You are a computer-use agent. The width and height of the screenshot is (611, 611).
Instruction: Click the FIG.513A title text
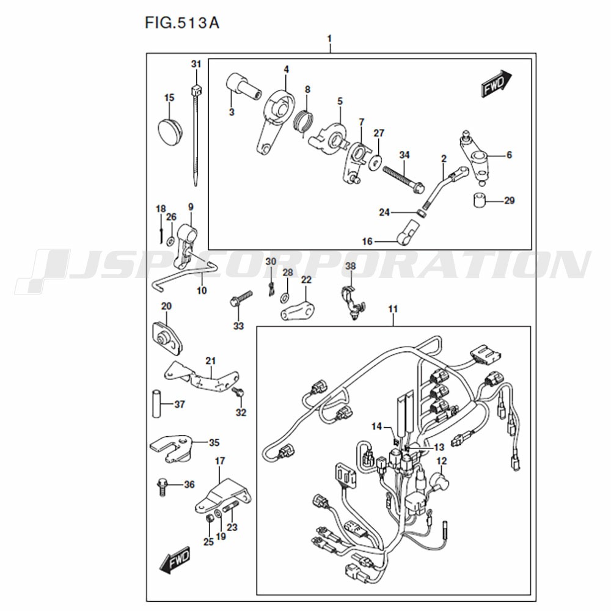point(182,23)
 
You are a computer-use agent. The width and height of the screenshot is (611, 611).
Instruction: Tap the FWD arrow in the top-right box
point(496,83)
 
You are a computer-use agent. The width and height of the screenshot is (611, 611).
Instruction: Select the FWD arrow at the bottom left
point(175,560)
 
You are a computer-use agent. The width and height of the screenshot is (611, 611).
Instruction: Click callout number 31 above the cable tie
point(196,64)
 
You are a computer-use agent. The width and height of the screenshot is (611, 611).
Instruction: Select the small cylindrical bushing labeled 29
point(479,200)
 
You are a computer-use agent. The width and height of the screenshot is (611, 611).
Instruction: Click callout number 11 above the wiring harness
point(393,309)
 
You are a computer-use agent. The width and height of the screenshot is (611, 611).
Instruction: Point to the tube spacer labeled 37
point(156,404)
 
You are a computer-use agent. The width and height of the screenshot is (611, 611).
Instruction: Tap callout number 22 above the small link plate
point(306,280)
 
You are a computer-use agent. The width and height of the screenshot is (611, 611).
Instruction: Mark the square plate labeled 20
point(167,337)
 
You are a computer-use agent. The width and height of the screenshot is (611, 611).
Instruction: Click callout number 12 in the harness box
point(442,461)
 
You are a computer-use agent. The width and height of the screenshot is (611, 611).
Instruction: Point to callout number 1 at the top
point(330,39)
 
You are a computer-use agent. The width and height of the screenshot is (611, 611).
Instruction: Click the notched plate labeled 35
point(170,448)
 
